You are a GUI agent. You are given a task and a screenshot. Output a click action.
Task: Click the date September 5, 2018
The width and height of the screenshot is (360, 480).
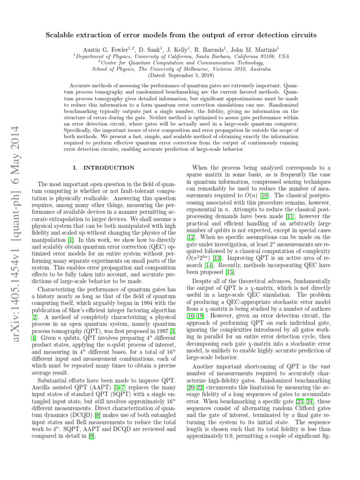click(x=189, y=75)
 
